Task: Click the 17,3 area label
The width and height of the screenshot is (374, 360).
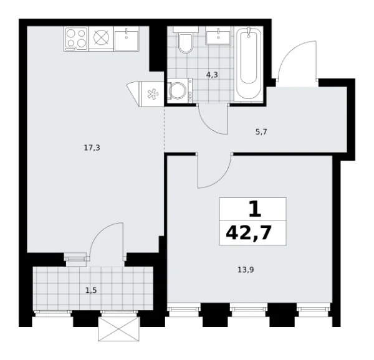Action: click(91, 148)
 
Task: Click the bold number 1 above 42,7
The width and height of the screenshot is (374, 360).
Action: click(253, 208)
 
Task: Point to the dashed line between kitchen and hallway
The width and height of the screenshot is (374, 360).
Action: click(164, 128)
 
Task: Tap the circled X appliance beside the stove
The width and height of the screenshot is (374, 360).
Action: click(101, 38)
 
